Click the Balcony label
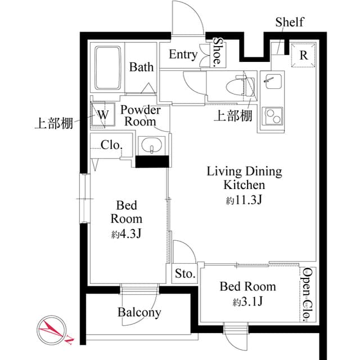(139, 312)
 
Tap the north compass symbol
(52, 330)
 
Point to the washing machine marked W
(103, 114)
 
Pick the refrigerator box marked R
(303, 56)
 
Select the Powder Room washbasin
(151, 147)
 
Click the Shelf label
(289, 22)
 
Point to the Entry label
(183, 55)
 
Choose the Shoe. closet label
(217, 52)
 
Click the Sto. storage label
(184, 274)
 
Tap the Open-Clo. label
(307, 295)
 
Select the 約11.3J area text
(244, 201)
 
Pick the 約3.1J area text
(247, 303)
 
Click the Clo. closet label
(111, 145)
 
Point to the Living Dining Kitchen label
(244, 178)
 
